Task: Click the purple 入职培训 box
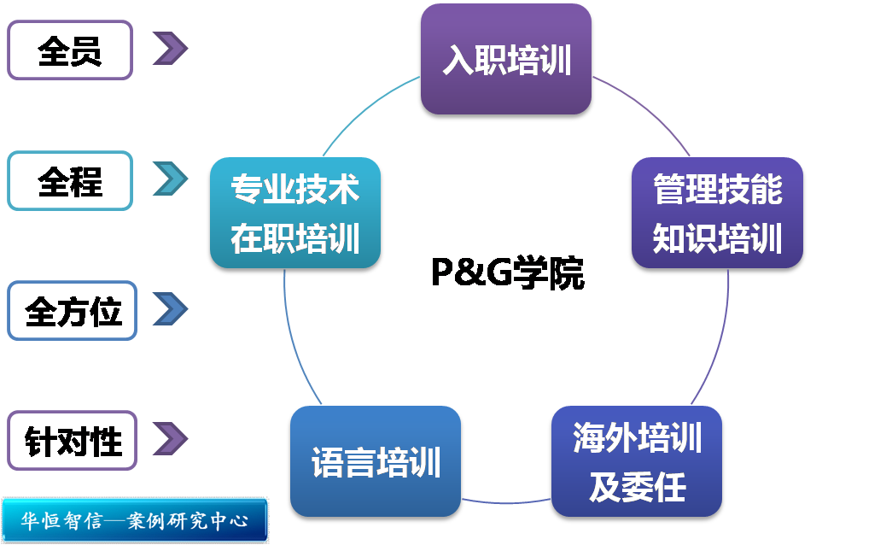click(x=506, y=60)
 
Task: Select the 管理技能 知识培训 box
click(x=717, y=214)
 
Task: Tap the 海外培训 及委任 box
click(x=637, y=463)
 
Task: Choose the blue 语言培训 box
click(x=376, y=463)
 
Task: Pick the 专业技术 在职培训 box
click(x=294, y=214)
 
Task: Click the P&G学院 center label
click(x=507, y=274)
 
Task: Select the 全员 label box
click(x=70, y=51)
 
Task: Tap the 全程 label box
click(x=70, y=181)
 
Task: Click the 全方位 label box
click(x=73, y=311)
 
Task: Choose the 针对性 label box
click(x=73, y=441)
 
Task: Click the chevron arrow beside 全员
click(x=170, y=49)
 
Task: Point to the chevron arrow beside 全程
click(x=171, y=179)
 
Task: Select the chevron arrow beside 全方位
click(x=171, y=308)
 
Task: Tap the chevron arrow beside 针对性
click(x=170, y=438)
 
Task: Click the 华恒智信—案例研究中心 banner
click(x=135, y=520)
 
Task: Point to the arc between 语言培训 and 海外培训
click(x=506, y=500)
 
